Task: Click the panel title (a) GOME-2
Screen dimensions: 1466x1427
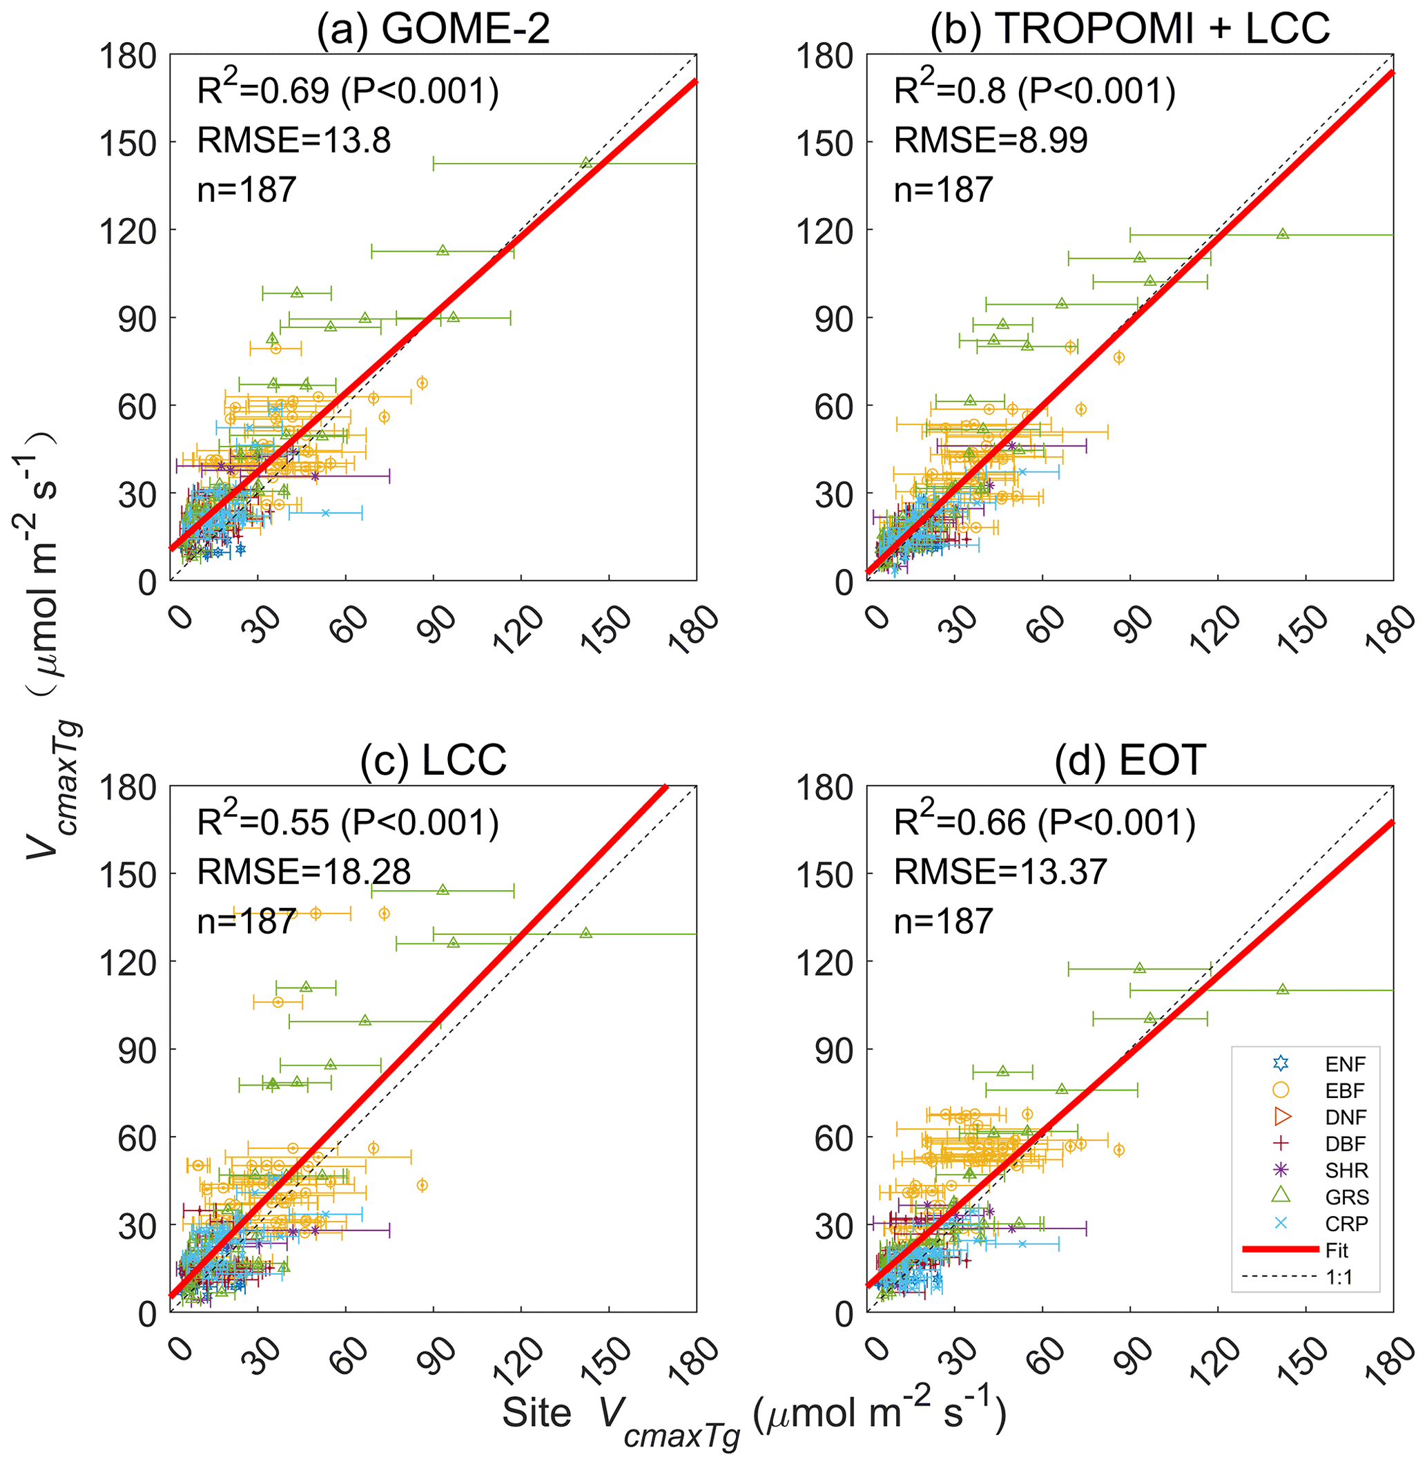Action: pos(433,30)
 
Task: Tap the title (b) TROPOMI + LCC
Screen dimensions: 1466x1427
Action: pos(1129,30)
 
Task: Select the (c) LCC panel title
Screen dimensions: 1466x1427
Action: pos(433,760)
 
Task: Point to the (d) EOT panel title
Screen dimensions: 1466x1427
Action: pos(1129,760)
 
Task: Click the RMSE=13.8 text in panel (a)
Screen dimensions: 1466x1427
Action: pos(294,140)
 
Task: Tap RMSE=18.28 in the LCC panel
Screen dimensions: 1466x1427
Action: pos(304,871)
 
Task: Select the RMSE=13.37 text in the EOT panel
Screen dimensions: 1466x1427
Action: pos(1000,871)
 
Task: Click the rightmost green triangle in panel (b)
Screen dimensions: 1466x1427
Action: pos(1282,234)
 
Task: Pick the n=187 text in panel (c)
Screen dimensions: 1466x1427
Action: pos(246,921)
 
